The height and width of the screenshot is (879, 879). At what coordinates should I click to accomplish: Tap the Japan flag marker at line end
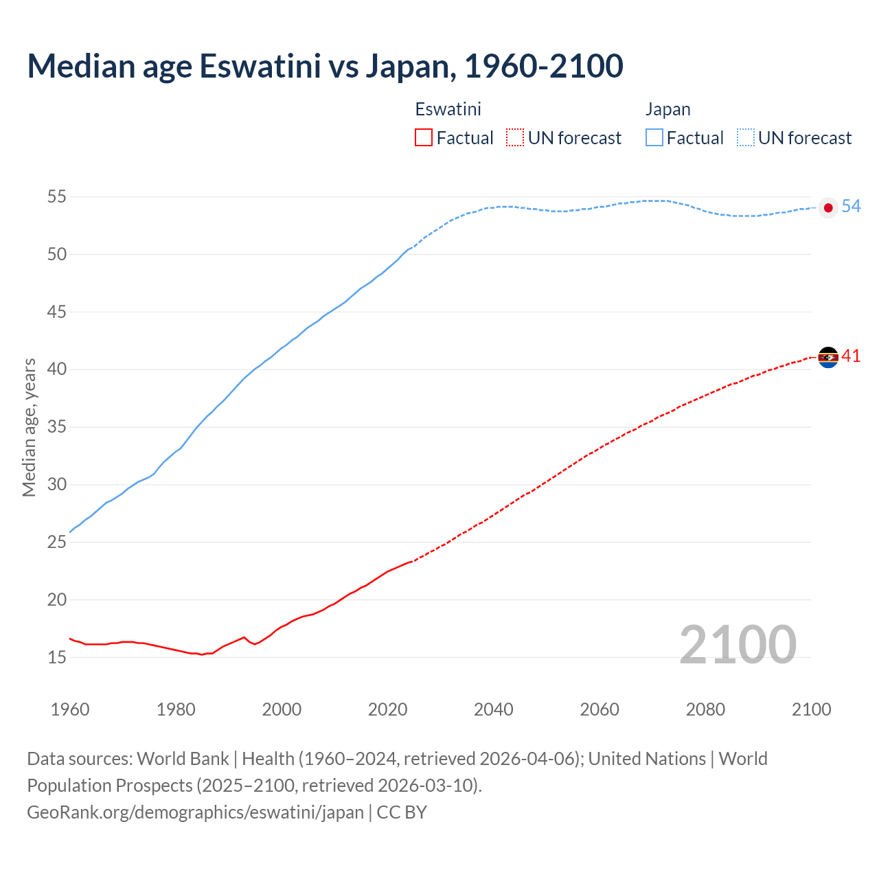(x=828, y=207)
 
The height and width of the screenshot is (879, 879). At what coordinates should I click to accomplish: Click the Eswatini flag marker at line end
(x=828, y=357)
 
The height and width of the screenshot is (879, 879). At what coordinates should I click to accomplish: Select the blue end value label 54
(x=851, y=206)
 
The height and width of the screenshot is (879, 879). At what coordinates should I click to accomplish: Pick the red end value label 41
(x=851, y=356)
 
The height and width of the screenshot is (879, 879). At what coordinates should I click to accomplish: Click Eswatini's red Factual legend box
(x=424, y=138)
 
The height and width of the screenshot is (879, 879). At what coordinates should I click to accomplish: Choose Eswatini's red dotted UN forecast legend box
(x=515, y=138)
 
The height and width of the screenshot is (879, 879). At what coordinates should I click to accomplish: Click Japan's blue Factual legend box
(x=654, y=138)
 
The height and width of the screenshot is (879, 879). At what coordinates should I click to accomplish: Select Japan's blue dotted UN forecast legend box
(x=746, y=138)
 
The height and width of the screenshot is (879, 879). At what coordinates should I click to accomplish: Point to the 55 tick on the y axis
(x=57, y=197)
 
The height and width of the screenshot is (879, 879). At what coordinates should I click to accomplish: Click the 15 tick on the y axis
(x=57, y=657)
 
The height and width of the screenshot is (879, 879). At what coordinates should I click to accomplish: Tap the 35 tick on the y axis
(x=57, y=427)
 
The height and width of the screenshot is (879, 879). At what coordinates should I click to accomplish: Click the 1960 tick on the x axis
(x=70, y=709)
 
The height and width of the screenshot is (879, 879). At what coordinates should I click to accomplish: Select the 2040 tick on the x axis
(x=494, y=709)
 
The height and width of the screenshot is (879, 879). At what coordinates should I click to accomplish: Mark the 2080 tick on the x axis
(x=705, y=709)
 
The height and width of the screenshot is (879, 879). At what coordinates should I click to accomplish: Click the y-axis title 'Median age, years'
(x=29, y=427)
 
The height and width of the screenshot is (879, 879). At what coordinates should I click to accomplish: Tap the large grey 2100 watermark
(x=738, y=645)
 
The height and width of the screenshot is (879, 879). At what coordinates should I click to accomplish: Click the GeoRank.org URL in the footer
(x=195, y=812)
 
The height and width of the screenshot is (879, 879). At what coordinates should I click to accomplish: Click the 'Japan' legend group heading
(x=667, y=109)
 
